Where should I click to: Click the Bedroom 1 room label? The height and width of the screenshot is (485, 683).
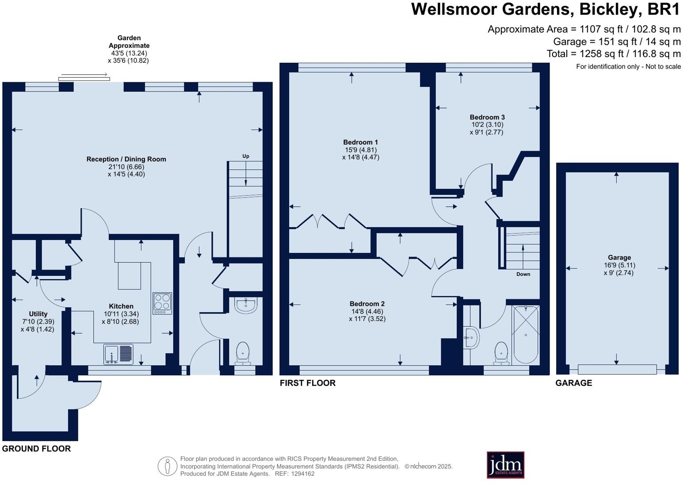pyautogui.click(x=360, y=142)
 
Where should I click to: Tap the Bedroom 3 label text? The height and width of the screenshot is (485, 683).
pyautogui.click(x=487, y=117)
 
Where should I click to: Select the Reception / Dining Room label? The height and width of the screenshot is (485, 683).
pyautogui.click(x=126, y=159)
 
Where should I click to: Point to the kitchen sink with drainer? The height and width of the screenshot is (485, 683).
pyautogui.click(x=118, y=354)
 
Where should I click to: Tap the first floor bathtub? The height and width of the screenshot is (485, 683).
pyautogui.click(x=526, y=334)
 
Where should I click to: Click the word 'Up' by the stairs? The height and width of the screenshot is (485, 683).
pyautogui.click(x=246, y=156)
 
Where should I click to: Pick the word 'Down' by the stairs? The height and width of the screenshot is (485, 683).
pyautogui.click(x=523, y=274)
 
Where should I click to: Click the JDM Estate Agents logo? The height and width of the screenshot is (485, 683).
pyautogui.click(x=505, y=465)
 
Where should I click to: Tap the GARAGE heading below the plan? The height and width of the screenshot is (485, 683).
pyautogui.click(x=573, y=383)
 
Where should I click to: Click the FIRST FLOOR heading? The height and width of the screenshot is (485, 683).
pyautogui.click(x=307, y=383)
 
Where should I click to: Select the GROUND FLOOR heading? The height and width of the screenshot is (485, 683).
pyautogui.click(x=36, y=449)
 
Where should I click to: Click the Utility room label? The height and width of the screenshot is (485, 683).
pyautogui.click(x=38, y=314)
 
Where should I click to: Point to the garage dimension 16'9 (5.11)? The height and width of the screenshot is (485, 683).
pyautogui.click(x=619, y=265)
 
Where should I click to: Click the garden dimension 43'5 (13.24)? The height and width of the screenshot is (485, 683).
pyautogui.click(x=129, y=53)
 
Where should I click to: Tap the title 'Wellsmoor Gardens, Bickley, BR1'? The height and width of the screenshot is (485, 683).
pyautogui.click(x=545, y=9)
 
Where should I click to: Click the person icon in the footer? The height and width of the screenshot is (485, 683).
pyautogui.click(x=168, y=466)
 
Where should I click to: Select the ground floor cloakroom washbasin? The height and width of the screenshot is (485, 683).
pyautogui.click(x=245, y=305)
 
